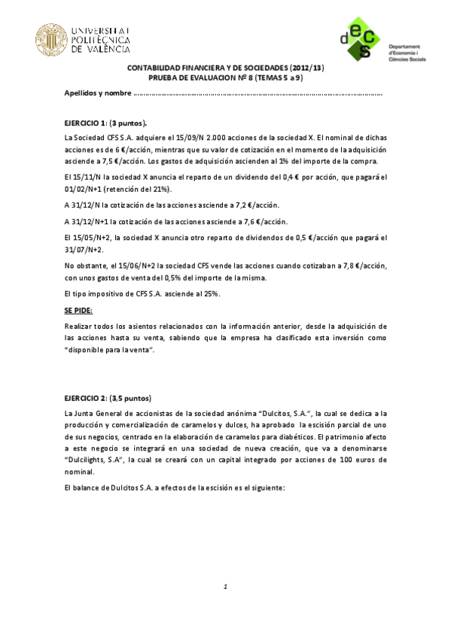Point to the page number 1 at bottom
point(224,586)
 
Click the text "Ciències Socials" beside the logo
point(407,59)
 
